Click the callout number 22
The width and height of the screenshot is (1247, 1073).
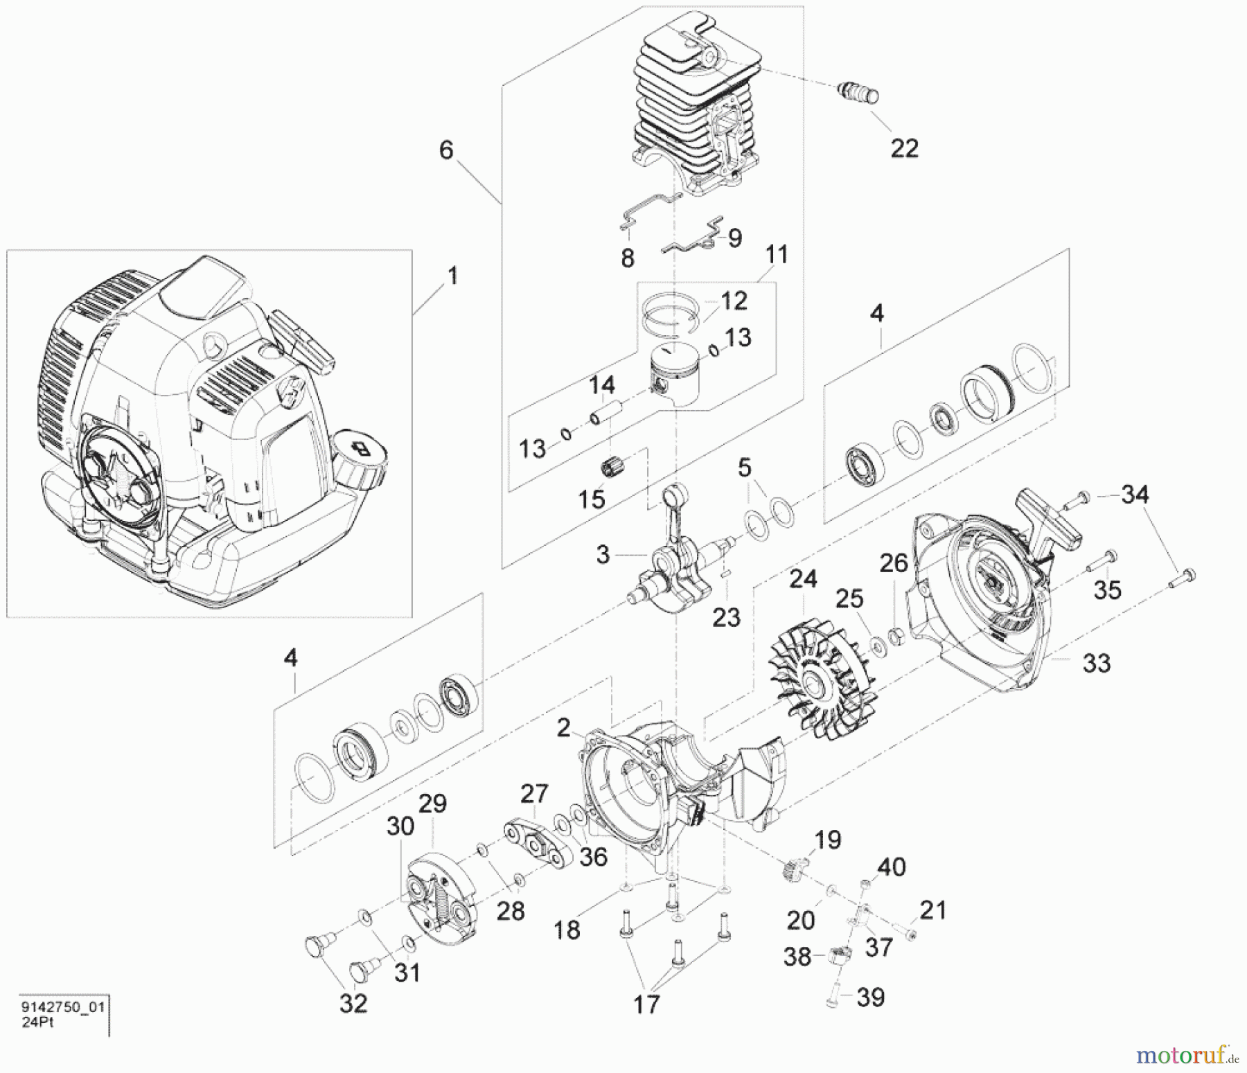[903, 148]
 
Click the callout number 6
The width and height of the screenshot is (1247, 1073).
[447, 150]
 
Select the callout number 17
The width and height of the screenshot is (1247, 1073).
[646, 1003]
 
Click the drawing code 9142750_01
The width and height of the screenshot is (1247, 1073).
[63, 1007]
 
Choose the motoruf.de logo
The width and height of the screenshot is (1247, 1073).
[1187, 1055]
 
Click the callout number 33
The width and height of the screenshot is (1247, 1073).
[1096, 663]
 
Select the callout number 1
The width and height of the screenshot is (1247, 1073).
[452, 276]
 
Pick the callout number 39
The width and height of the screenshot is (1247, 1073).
[870, 997]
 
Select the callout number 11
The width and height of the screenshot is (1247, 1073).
[776, 255]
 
